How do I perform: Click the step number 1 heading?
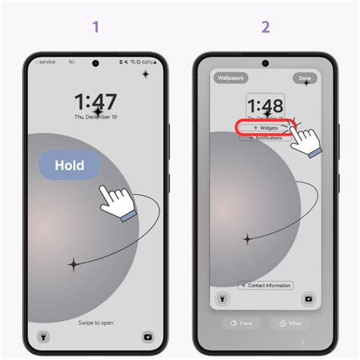pyautogui.click(x=96, y=27)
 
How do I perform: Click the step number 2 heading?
pyautogui.click(x=265, y=27)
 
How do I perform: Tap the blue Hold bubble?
pyautogui.click(x=70, y=165)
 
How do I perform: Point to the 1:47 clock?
pyautogui.click(x=96, y=103)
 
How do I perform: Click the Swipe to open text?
pyautogui.click(x=96, y=323)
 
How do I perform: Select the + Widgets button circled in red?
pyautogui.click(x=265, y=128)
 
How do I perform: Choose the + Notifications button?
pyautogui.click(x=265, y=138)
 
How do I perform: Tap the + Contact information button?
pyautogui.click(x=265, y=286)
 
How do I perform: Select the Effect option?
pyautogui.click(x=289, y=323)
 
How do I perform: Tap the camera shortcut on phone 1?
pyautogui.click(x=148, y=335)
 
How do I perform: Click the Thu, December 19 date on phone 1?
pyautogui.click(x=96, y=118)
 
